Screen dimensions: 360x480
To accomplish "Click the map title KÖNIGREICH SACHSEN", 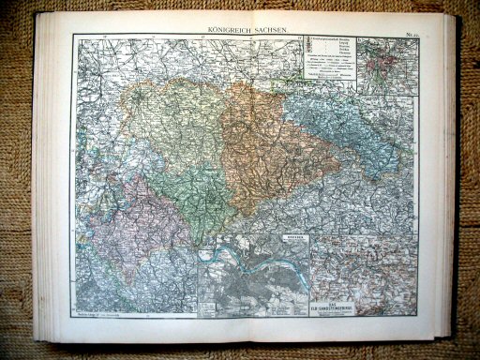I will pyautogui.click(x=242, y=31).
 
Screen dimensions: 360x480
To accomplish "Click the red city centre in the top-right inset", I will pyautogui.click(x=383, y=63).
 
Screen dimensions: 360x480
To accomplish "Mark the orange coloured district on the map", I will pyautogui.click(x=262, y=150).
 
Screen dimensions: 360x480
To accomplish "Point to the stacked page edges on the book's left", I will pyautogui.click(x=39, y=187).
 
